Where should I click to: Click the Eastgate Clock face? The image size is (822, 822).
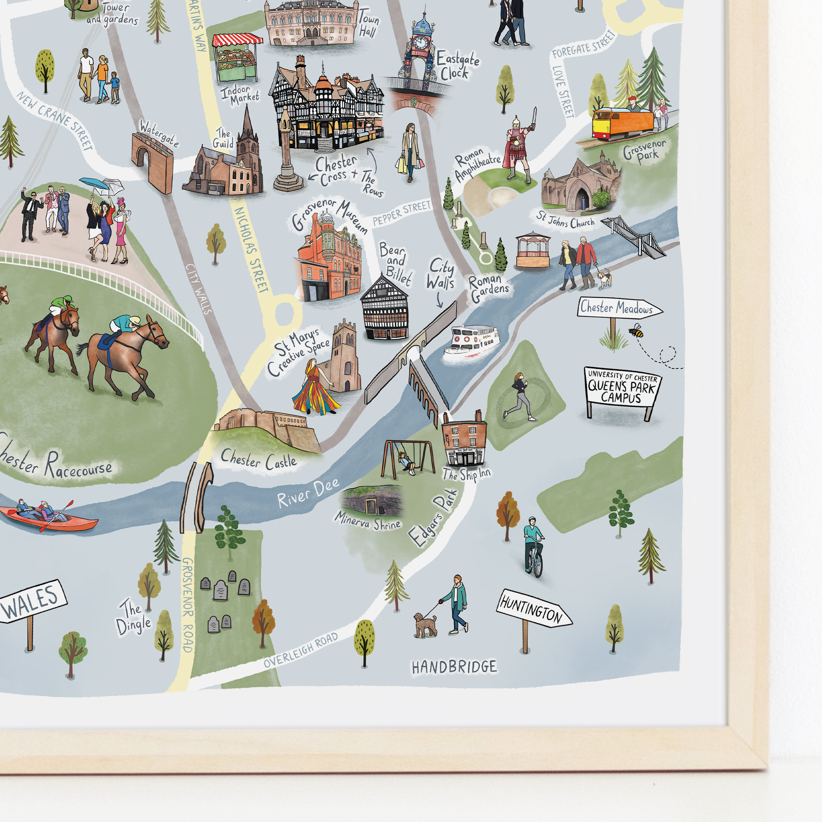420,42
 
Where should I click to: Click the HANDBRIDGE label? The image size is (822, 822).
454,667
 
